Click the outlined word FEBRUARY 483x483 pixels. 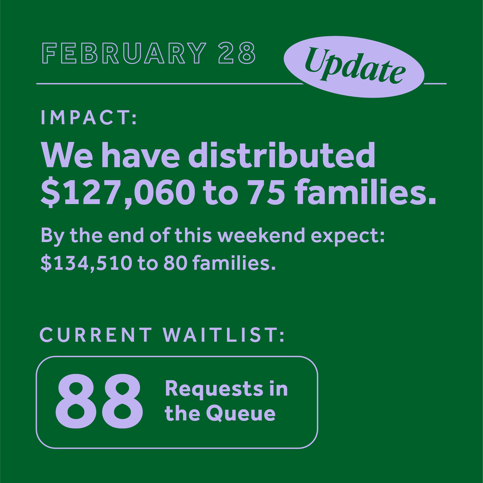pyautogui.click(x=124, y=53)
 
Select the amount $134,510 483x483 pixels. pyautogui.click(x=86, y=263)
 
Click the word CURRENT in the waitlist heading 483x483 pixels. pyautogui.click(x=96, y=335)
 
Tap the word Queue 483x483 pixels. pyautogui.click(x=241, y=414)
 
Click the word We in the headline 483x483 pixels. pyautogui.click(x=67, y=156)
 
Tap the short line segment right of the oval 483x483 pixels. pyautogui.click(x=435, y=84)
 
